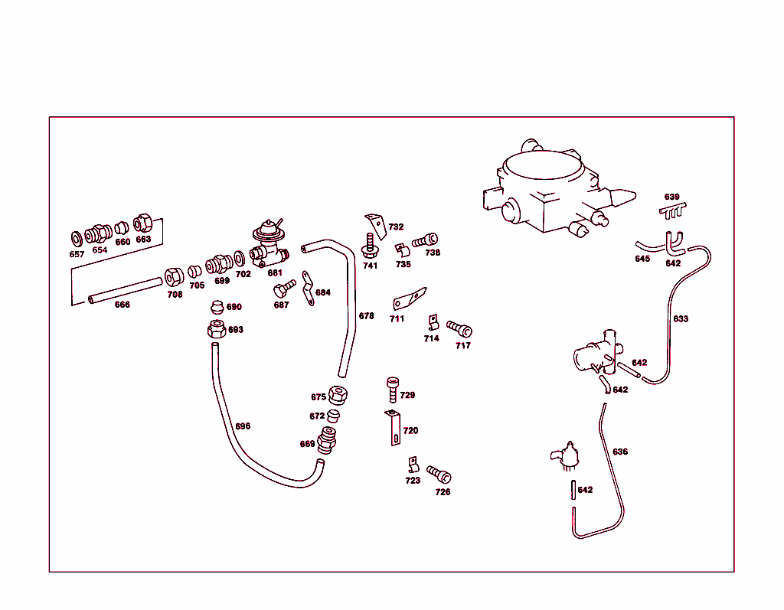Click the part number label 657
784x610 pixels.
[x=77, y=254]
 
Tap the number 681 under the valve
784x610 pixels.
[x=275, y=272]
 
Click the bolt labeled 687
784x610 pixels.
[x=283, y=289]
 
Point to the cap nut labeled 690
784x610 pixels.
[x=217, y=308]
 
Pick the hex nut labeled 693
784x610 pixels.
[x=215, y=330]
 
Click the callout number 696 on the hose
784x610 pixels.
[x=243, y=426]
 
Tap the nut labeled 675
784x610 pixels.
[x=338, y=396]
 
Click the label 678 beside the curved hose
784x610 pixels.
[x=367, y=316]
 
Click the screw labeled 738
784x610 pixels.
[x=426, y=240]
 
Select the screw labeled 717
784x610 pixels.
[x=460, y=329]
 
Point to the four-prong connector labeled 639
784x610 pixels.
[x=672, y=210]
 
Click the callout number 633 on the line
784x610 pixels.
[x=681, y=319]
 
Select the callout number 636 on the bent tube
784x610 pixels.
[x=620, y=452]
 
